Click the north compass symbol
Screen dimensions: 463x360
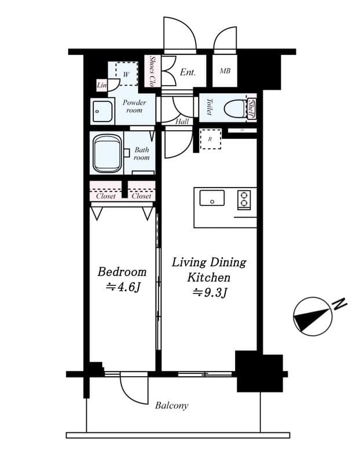click(313, 316)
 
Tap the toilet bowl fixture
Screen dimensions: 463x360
click(236, 108)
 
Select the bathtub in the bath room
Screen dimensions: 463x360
click(107, 153)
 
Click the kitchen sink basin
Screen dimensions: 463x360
click(212, 199)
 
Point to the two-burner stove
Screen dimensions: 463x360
click(244, 199)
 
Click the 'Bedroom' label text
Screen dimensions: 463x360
click(122, 272)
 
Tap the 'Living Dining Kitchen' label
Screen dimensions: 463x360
click(209, 270)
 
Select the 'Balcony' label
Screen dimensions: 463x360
click(171, 406)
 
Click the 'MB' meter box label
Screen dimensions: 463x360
click(226, 72)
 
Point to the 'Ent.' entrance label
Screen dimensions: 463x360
click(188, 72)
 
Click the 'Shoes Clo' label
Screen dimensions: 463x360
click(152, 72)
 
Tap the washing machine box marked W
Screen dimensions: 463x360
click(126, 74)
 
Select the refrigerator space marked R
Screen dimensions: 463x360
click(210, 139)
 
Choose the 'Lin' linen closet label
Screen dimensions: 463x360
click(102, 86)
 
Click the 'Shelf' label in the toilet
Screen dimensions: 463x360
click(252, 108)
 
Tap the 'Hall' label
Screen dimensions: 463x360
click(182, 122)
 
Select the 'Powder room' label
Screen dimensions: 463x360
click(134, 106)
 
